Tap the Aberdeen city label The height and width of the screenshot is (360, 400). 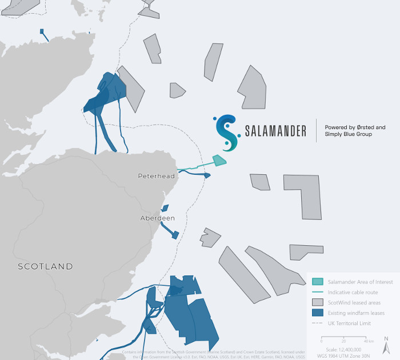[158, 218]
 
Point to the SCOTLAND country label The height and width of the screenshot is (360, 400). [45, 266]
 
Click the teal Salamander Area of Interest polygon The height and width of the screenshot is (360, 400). [219, 161]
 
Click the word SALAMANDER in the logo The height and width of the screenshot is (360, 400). [275, 131]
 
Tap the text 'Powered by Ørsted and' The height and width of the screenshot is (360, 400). [355, 127]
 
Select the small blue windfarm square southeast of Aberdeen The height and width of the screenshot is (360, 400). [175, 234]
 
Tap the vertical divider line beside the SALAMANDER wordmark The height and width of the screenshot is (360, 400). [317, 131]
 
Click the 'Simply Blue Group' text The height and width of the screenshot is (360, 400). [348, 134]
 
